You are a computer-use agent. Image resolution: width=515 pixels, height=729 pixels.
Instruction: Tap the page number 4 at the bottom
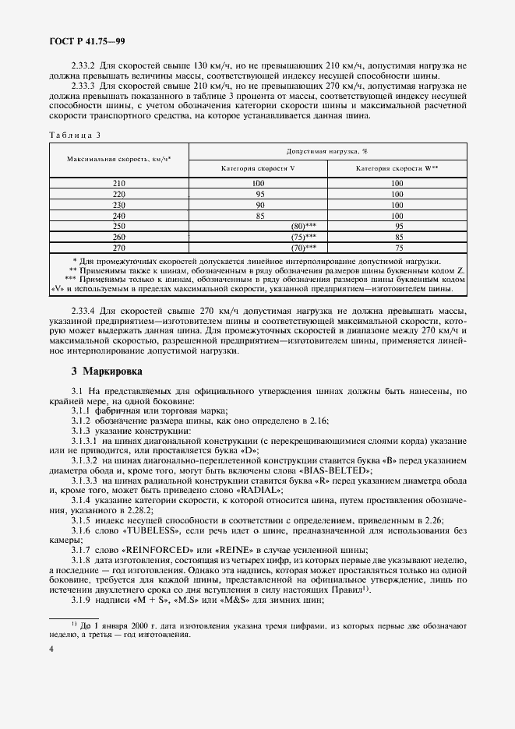[51, 648]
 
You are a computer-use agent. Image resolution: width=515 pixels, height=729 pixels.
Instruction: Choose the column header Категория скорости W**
[397, 168]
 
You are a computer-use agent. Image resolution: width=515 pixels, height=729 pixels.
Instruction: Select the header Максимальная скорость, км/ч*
[118, 158]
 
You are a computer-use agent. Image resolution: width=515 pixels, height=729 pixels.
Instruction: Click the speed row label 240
[118, 215]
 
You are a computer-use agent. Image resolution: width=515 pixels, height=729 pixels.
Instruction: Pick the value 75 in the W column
[397, 248]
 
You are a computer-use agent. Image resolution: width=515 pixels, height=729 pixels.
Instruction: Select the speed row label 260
[118, 237]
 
